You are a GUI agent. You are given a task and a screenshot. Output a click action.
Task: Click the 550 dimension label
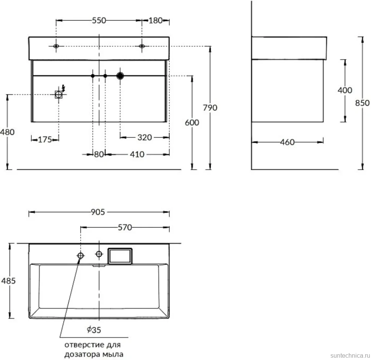[99, 20]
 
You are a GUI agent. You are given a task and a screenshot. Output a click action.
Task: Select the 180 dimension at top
[155, 20]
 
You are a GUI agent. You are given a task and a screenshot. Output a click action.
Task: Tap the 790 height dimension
[210, 108]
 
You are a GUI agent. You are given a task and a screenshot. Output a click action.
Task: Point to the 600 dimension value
[192, 123]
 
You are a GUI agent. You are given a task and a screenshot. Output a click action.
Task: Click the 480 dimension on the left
[7, 132]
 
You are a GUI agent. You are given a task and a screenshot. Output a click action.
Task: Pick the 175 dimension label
[45, 139]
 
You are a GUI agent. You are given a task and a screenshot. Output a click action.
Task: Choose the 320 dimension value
[145, 137]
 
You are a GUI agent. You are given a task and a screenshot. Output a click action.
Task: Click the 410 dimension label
[137, 154]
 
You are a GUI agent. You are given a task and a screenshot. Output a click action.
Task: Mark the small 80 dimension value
[99, 154]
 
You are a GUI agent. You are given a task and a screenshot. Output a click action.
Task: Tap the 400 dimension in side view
[345, 90]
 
